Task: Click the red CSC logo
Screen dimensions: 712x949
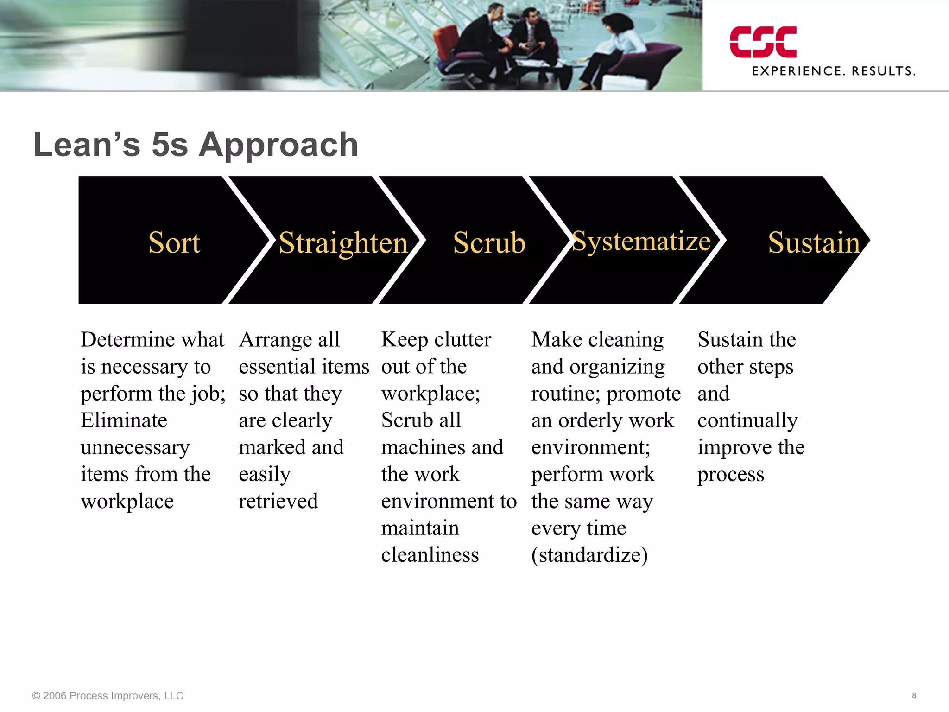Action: coord(763,42)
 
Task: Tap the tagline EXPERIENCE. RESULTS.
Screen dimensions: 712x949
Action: coord(833,71)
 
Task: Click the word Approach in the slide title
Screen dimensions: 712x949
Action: coord(278,145)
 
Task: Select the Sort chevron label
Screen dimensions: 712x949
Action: coord(174,242)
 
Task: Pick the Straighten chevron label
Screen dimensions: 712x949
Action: coord(343,243)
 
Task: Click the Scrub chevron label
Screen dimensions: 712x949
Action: coord(489,243)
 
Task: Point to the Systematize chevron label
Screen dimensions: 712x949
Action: coord(641,242)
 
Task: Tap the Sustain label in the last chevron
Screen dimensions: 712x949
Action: coord(813,242)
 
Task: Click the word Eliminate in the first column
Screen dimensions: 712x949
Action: coord(124,420)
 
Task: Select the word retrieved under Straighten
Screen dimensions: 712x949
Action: coord(278,501)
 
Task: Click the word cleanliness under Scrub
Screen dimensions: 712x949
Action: coord(430,555)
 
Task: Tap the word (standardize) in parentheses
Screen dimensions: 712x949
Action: coord(589,555)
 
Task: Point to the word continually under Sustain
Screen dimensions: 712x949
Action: coord(747,420)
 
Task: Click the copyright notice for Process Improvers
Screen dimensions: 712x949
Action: coord(108,695)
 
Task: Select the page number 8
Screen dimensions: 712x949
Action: coord(914,695)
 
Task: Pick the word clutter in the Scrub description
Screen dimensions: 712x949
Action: coord(462,340)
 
